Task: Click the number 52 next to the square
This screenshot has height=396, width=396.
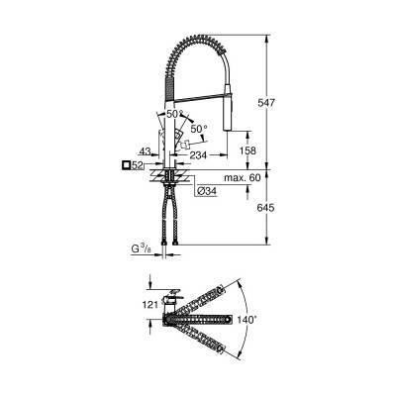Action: tap(141, 165)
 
